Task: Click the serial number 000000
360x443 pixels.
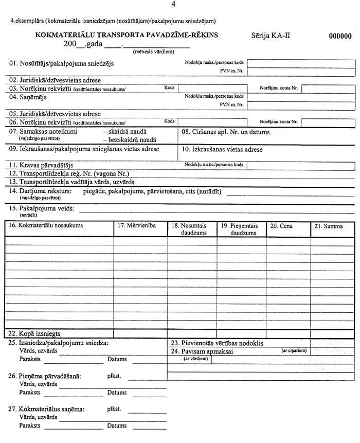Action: [340, 37]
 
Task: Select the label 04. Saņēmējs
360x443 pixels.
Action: [29, 96]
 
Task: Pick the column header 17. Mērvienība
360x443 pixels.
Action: [136, 226]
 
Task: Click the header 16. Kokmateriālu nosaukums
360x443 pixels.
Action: [47, 226]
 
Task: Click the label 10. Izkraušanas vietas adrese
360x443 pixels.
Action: [222, 150]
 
